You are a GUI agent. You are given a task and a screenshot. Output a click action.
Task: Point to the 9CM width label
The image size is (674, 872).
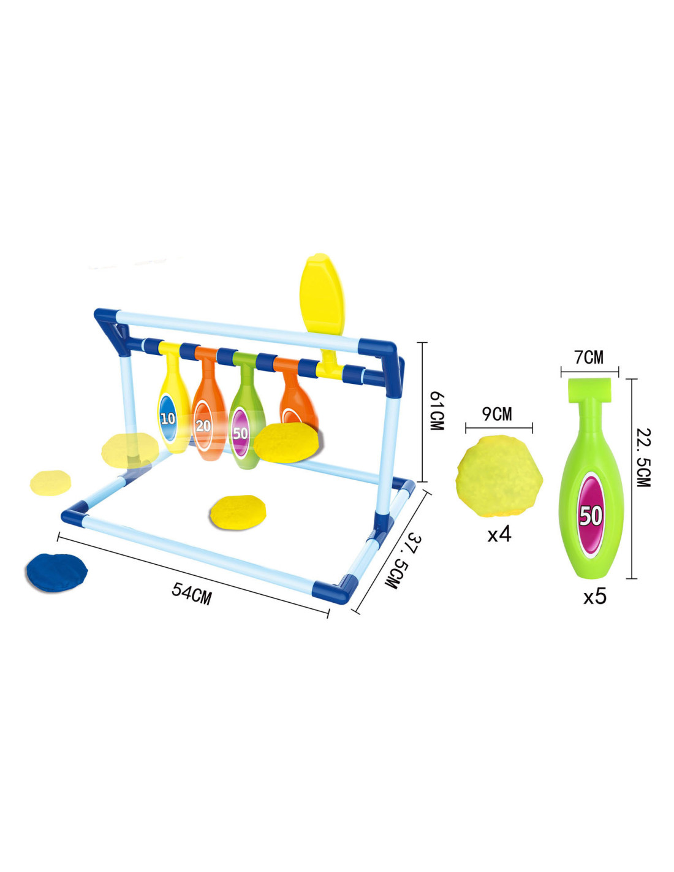click(x=497, y=414)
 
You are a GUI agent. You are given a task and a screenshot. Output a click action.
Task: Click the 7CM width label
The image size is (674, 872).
click(x=589, y=357)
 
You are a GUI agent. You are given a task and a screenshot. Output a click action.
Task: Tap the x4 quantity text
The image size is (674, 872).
click(x=499, y=535)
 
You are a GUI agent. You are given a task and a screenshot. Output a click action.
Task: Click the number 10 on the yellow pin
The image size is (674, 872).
click(x=168, y=419)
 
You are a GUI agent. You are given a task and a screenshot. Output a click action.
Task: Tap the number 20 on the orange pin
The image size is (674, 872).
click(x=203, y=426)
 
